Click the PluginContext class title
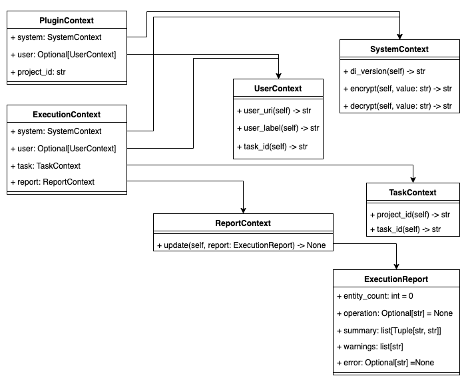[67, 21]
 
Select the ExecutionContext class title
[67, 114]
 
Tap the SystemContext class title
[399, 49]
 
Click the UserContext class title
[278, 89]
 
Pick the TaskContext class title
[413, 192]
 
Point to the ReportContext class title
[243, 223]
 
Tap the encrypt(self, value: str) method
[397, 89]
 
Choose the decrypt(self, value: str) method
[397, 106]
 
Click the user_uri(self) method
[274, 111]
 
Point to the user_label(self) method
[278, 128]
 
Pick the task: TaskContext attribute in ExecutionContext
[46, 165]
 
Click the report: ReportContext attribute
[53, 182]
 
